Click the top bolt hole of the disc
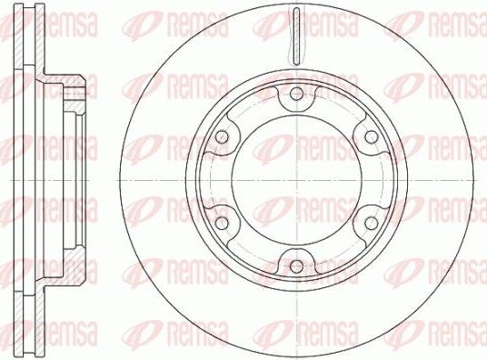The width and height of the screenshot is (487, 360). [296, 93]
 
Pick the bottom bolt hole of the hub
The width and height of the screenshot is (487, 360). [296, 265]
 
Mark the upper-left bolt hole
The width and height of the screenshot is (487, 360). [222, 136]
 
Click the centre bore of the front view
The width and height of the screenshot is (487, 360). [296, 179]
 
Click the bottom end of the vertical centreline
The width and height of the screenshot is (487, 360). [296, 356]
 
